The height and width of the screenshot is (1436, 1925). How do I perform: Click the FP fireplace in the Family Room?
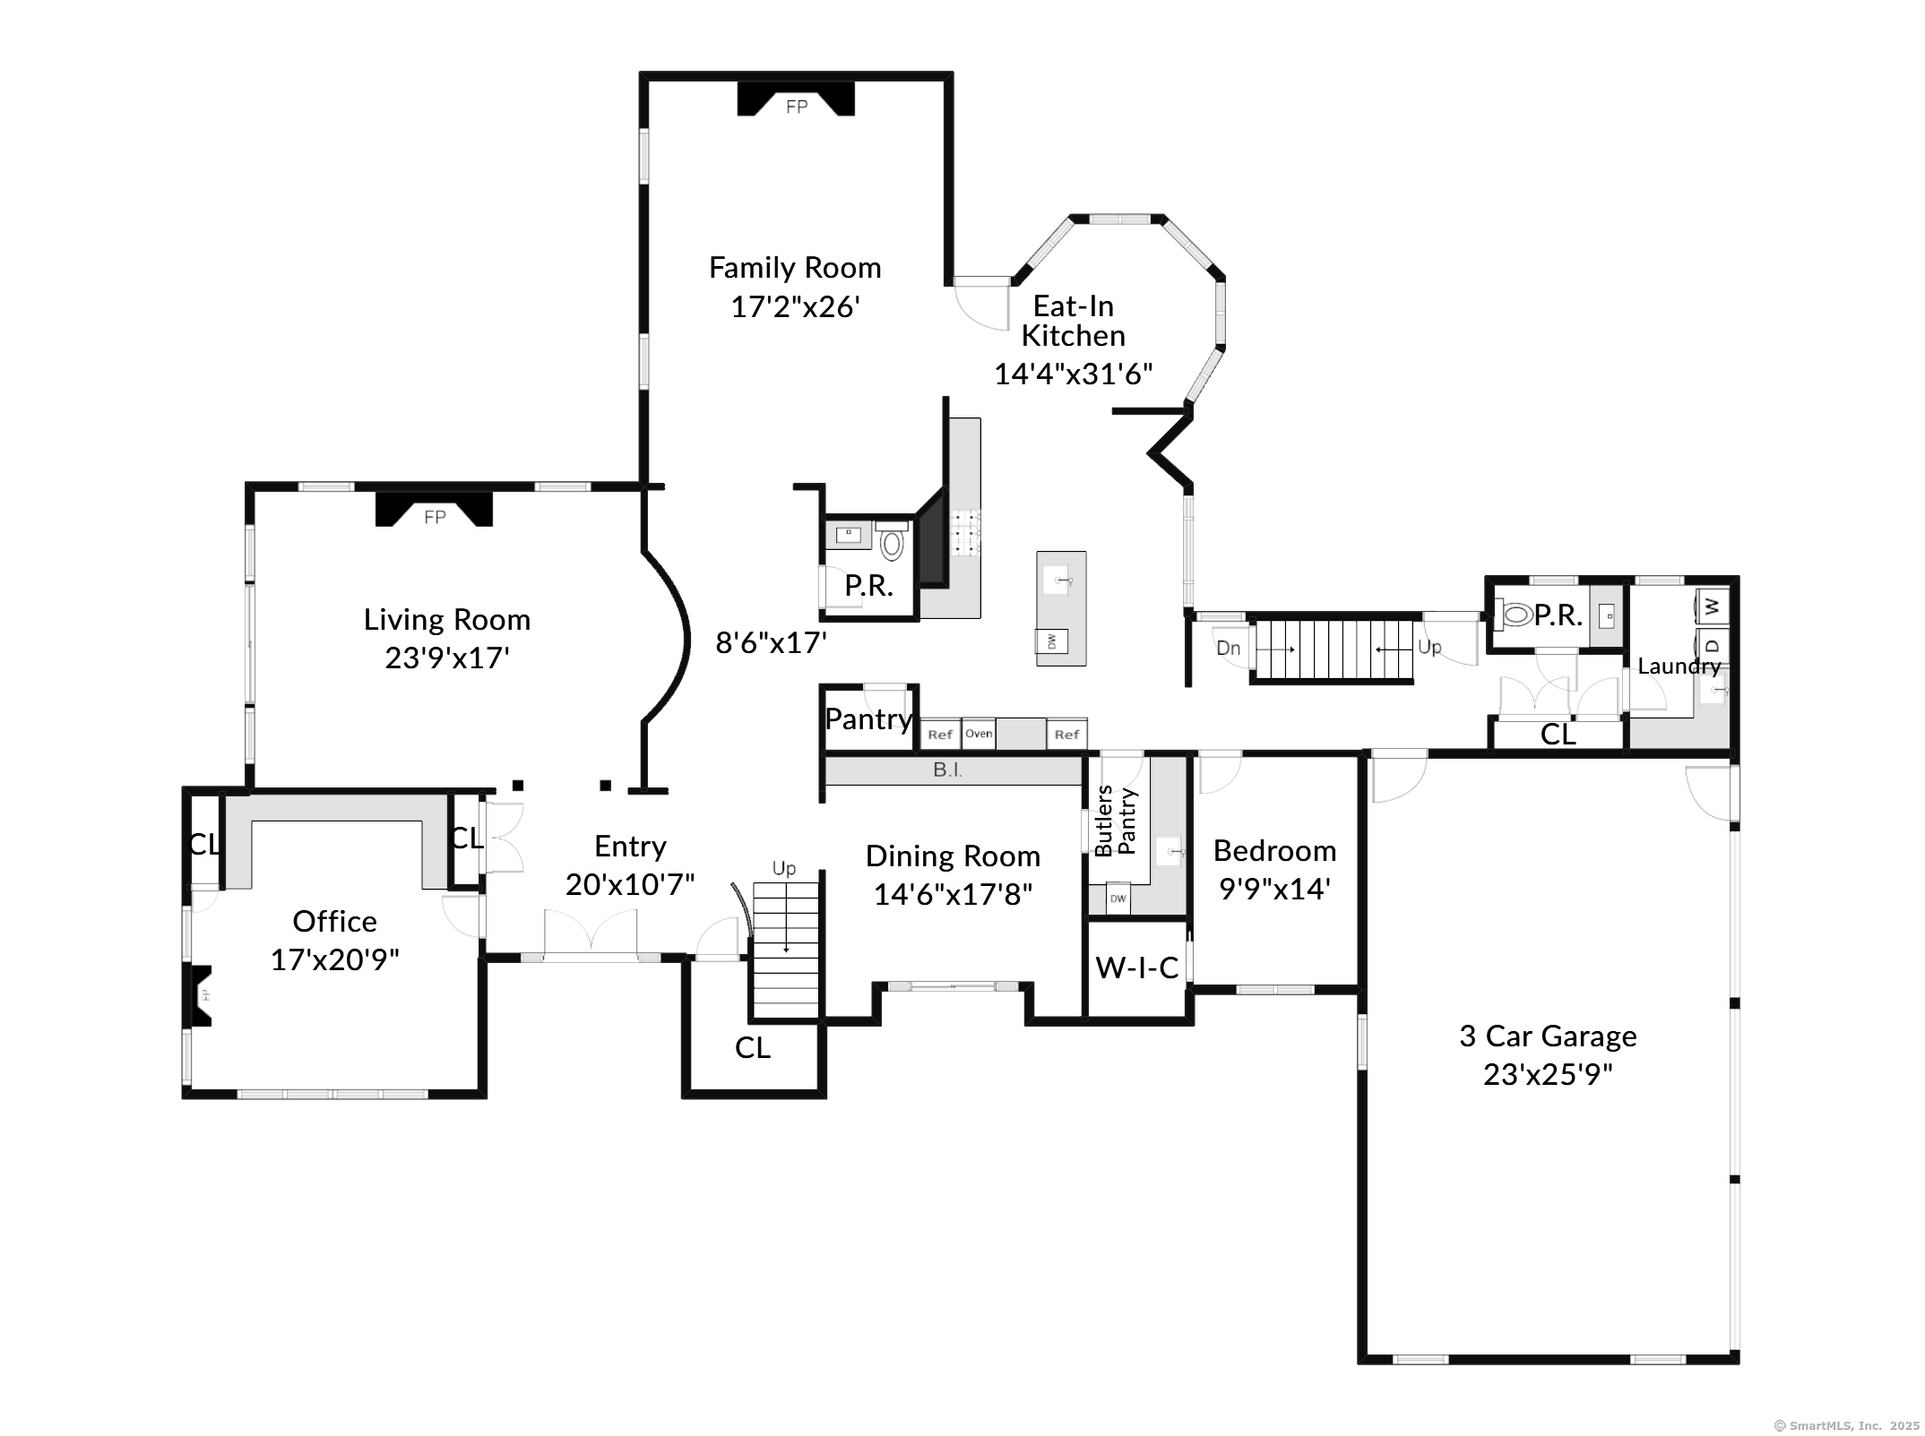796,101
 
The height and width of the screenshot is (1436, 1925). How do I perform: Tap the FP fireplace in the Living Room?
434,512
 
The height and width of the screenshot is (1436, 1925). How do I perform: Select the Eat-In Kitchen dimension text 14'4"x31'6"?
1073,374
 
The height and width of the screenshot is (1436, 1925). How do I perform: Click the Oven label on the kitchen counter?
979,734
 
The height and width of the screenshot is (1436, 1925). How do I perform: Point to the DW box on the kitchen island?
1052,641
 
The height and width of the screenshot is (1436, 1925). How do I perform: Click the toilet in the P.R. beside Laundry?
1516,615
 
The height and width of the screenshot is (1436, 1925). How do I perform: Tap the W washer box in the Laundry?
1712,606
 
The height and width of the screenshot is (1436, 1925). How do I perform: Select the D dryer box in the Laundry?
1712,645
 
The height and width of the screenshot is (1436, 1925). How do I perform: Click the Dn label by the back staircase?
1228,648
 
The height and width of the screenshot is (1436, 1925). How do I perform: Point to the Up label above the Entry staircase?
783,868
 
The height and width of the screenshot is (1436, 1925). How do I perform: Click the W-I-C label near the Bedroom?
1136,967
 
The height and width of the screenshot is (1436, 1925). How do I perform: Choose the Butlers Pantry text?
1116,821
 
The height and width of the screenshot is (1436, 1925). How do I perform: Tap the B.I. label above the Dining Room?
947,770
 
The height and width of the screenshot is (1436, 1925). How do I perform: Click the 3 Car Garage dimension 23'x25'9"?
1548,1074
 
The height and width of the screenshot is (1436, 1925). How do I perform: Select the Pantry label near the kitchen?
868,718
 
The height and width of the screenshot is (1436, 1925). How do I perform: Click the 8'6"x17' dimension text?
771,642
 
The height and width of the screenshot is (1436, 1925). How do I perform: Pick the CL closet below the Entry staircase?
753,1047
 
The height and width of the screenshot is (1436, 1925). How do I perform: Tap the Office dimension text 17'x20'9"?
334,959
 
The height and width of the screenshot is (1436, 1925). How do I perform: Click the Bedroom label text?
1274,850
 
